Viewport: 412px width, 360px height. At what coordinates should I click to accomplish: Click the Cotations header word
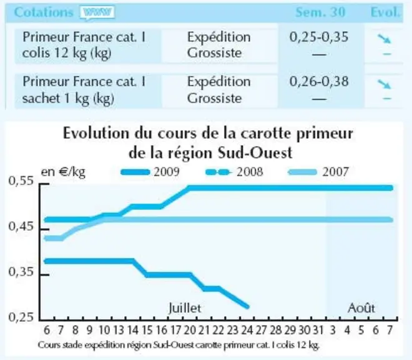[43, 12]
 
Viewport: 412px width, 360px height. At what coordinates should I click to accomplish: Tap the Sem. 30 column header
[320, 12]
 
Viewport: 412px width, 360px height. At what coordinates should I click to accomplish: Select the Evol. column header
[385, 12]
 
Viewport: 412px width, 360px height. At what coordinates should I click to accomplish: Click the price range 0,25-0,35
[319, 37]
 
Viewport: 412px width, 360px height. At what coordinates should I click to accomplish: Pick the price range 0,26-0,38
[319, 82]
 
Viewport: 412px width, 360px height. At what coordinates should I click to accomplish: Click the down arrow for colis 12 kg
[385, 38]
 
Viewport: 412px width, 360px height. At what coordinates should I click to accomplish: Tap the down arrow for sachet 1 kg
[385, 84]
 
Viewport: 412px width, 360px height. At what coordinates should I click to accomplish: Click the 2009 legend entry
[150, 172]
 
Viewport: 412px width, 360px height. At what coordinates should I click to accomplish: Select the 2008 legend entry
[234, 172]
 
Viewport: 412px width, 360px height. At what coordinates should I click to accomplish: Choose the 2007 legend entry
[318, 172]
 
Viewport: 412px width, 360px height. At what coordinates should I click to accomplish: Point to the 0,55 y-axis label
[21, 181]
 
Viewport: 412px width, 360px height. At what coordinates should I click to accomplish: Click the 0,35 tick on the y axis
[45, 275]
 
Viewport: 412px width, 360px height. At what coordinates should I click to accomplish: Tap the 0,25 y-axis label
[21, 317]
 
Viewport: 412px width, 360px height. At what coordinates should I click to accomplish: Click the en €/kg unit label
[63, 172]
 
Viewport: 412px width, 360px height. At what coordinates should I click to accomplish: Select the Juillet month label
[185, 308]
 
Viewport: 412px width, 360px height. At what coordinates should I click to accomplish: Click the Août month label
[361, 308]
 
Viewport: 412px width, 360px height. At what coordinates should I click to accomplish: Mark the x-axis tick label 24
[247, 330]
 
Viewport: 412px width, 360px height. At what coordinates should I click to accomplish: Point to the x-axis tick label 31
[318, 330]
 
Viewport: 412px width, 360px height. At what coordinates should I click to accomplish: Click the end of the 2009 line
[247, 307]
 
